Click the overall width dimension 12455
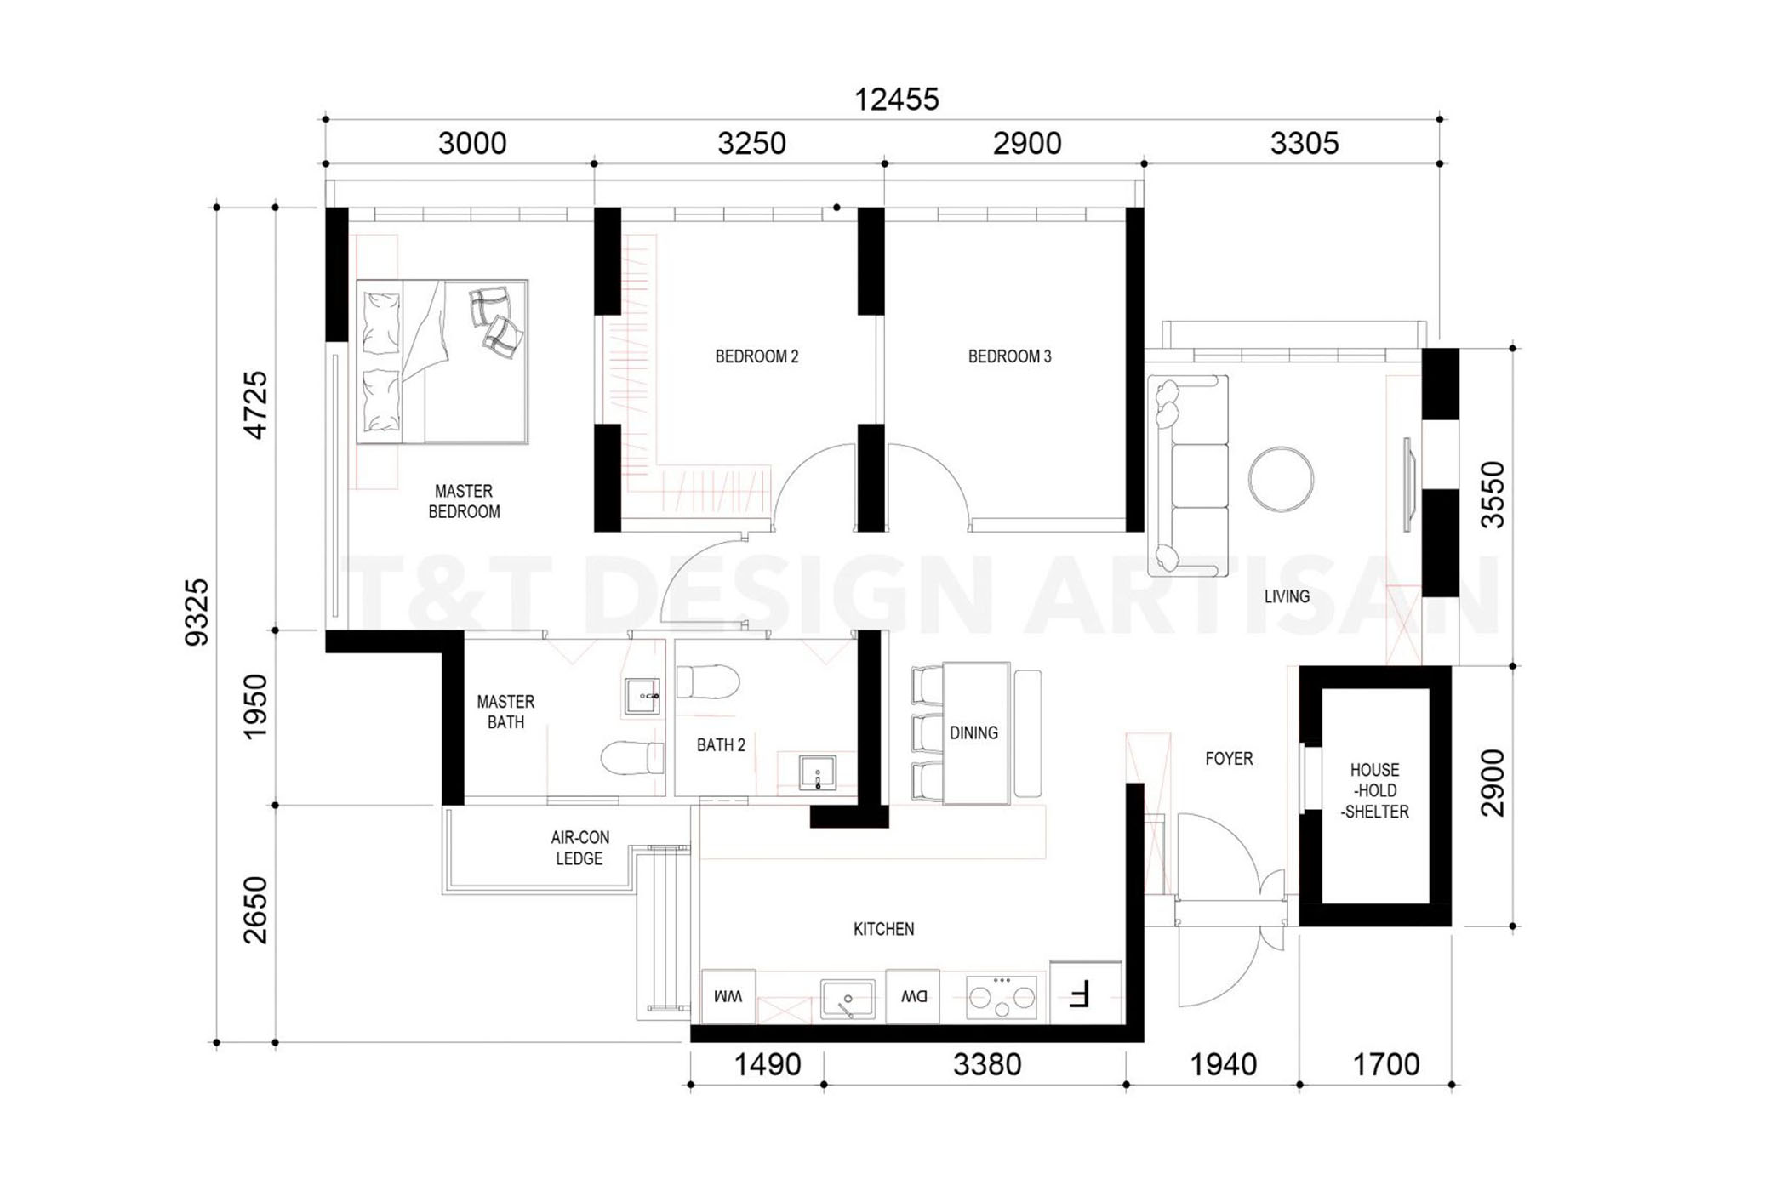click(x=896, y=100)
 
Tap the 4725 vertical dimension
click(x=255, y=405)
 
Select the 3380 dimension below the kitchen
click(x=987, y=1064)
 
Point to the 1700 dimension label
click(x=1386, y=1064)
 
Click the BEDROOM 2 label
click(x=756, y=356)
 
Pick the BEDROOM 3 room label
click(x=1010, y=356)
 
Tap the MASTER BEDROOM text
click(x=464, y=501)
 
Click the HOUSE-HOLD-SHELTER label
click(x=1374, y=790)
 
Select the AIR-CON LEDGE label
click(x=579, y=848)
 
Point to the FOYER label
click(x=1229, y=758)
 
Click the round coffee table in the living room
click(x=1281, y=479)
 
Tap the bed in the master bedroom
click(x=442, y=362)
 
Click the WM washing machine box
click(x=728, y=996)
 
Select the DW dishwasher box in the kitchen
click(x=913, y=996)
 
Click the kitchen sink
click(x=848, y=999)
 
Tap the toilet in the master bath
click(x=632, y=757)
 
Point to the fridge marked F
click(x=1086, y=993)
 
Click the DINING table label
click(x=973, y=732)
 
